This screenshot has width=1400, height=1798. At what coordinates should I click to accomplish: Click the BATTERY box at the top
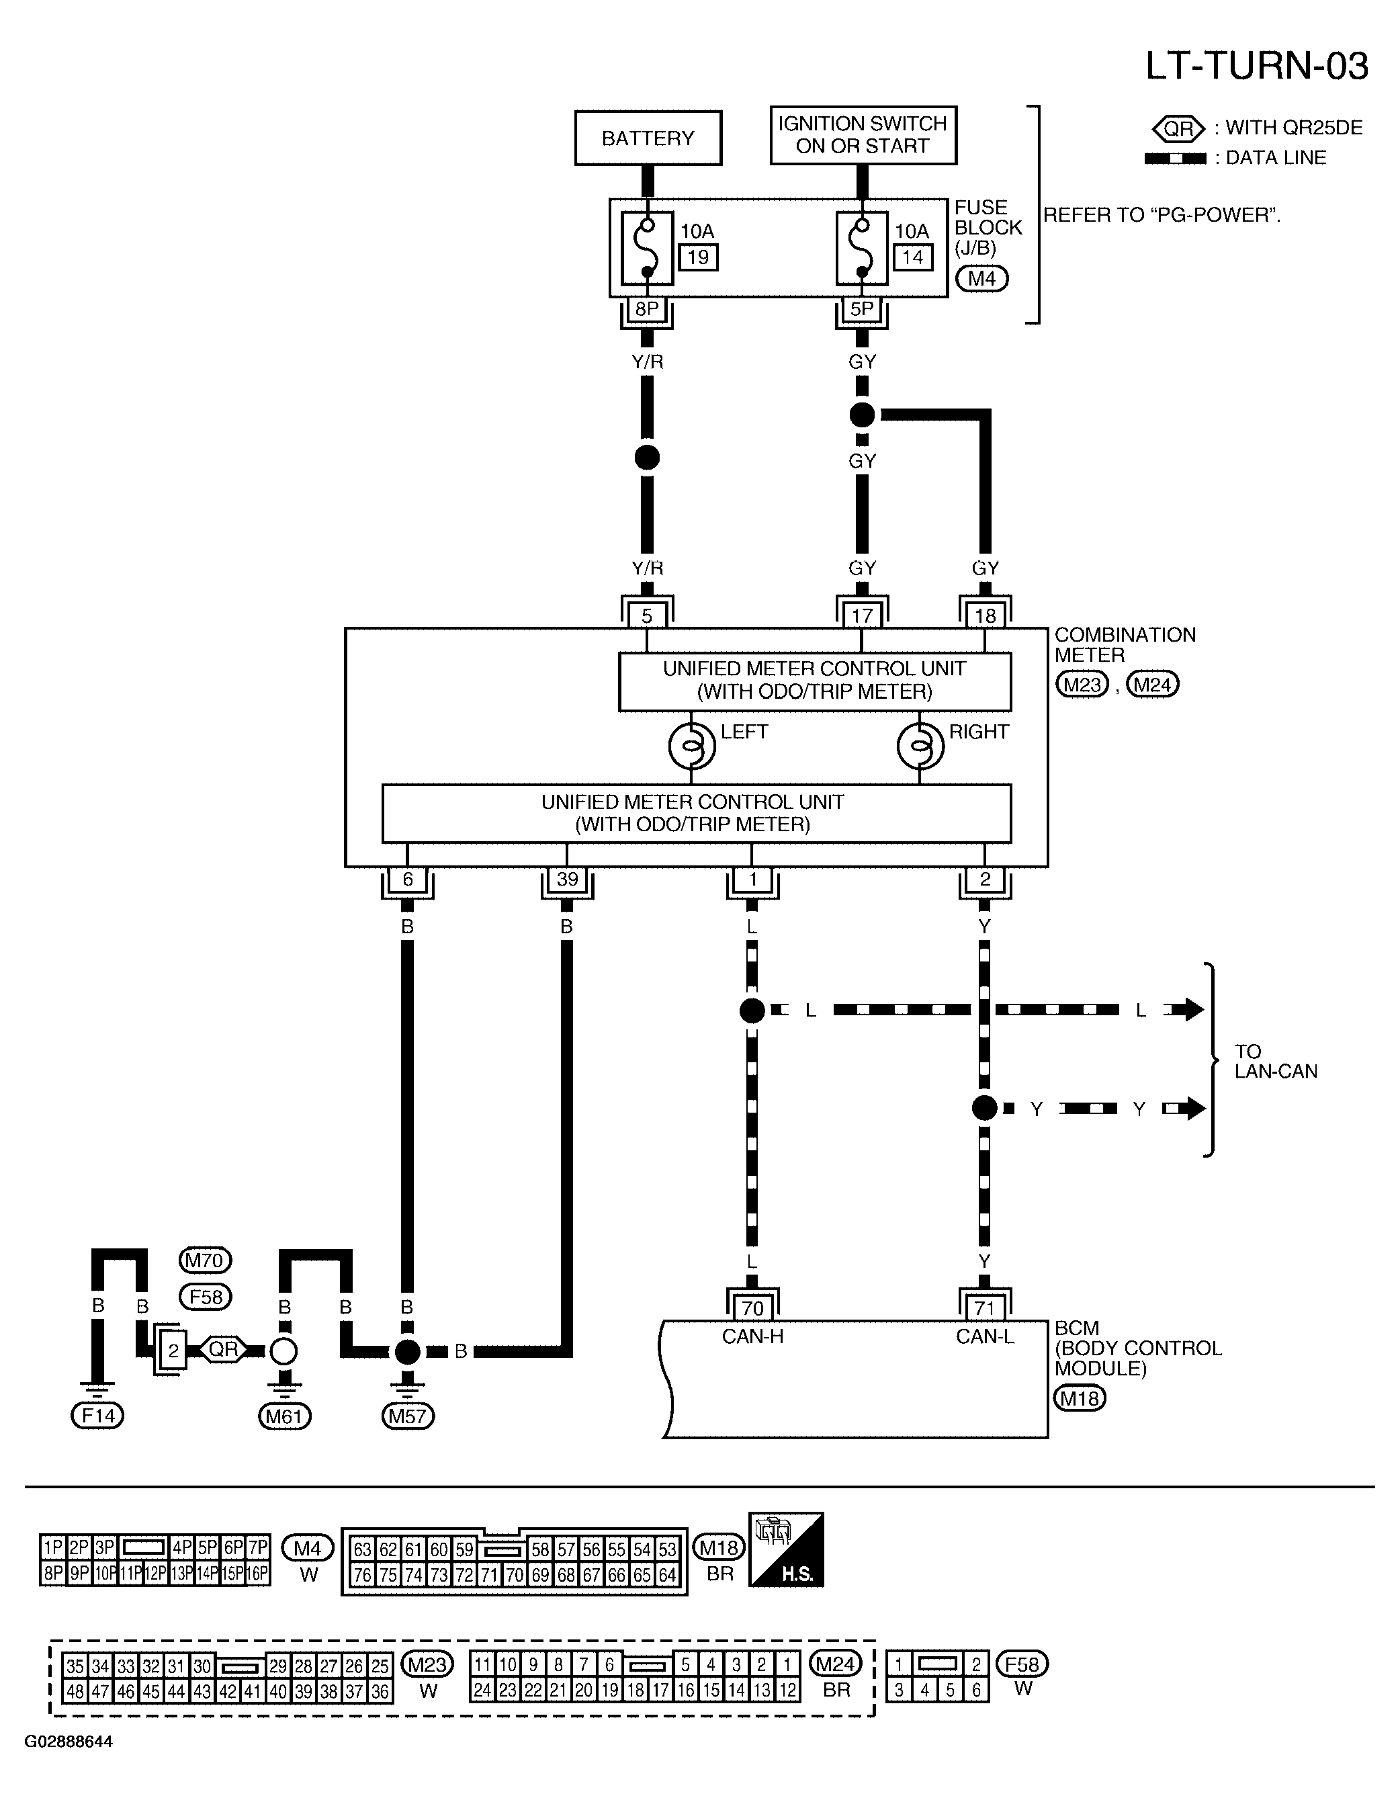pos(648,138)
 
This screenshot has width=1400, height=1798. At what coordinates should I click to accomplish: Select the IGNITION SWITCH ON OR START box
pos(863,135)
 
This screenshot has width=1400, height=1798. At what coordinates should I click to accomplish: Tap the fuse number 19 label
pos(698,257)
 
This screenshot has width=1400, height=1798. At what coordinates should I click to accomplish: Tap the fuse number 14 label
pos(913,257)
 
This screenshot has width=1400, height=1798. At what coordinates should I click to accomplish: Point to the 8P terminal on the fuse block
pos(647,308)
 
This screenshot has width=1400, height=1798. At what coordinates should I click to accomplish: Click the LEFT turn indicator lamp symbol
pos(691,746)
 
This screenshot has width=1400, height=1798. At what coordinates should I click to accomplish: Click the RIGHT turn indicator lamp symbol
pos(920,746)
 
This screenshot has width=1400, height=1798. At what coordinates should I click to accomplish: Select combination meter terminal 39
pos(567,880)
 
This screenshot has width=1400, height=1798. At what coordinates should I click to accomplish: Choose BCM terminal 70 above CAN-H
pos(752,1308)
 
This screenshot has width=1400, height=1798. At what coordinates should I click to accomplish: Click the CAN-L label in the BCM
pos(984,1336)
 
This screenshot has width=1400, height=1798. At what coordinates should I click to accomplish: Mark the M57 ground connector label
pos(407,1416)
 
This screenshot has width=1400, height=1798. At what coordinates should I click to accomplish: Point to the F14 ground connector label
pos(97,1415)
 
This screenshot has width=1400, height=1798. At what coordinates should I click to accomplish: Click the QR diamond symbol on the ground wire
pos(223,1349)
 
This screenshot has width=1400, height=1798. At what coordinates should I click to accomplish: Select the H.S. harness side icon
pos(786,1550)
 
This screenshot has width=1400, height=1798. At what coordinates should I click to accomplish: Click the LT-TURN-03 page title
pos(1257,66)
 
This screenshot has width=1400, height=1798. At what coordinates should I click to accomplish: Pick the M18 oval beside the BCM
pos(1080,1398)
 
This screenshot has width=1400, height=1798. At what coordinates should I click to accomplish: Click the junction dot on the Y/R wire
pos(647,457)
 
